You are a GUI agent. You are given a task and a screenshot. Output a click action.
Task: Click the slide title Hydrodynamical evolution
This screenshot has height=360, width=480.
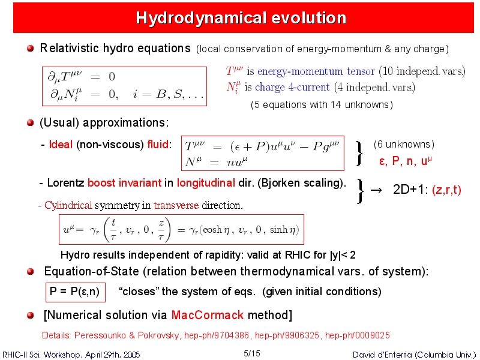click(241, 18)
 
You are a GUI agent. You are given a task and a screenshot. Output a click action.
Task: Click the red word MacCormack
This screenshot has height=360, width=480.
click(207, 315)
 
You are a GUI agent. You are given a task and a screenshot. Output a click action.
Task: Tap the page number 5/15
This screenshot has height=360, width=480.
click(251, 353)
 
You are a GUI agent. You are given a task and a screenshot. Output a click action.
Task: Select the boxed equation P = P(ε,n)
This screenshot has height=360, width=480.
click(76, 292)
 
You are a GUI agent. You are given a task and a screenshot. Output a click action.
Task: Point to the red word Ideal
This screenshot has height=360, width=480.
click(61, 144)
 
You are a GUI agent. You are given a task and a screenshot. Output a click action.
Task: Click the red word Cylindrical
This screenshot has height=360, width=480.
click(68, 205)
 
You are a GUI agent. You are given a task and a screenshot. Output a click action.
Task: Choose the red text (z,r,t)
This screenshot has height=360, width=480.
click(446, 190)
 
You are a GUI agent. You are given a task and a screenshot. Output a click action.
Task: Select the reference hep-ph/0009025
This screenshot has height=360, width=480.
click(357, 335)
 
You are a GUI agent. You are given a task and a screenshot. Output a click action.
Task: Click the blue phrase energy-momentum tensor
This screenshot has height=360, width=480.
click(316, 71)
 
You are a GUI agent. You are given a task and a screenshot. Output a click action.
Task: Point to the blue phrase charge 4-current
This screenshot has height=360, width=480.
click(292, 87)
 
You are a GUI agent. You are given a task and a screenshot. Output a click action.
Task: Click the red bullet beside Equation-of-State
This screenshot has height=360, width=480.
click(30, 272)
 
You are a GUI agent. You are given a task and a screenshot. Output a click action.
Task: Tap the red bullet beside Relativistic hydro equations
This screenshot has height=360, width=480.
click(30, 49)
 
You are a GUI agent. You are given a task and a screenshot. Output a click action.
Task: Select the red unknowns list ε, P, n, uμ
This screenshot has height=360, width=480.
click(406, 161)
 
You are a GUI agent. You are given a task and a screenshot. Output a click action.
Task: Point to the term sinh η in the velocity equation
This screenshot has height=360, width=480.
click(282, 230)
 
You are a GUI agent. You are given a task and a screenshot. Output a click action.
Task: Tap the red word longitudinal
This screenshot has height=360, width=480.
click(206, 183)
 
